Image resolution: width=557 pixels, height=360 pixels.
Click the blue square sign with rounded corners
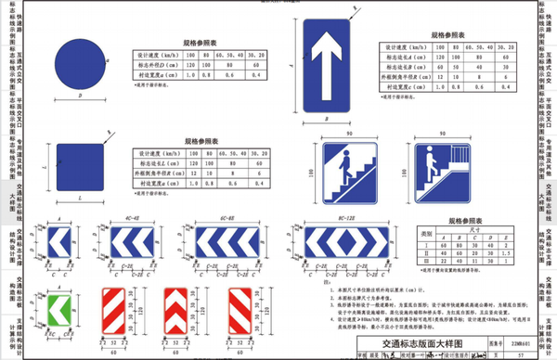click(x=83, y=168)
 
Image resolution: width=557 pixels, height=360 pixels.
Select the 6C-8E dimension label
click(x=214, y=220)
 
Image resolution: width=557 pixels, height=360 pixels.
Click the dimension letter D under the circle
click(x=84, y=96)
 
